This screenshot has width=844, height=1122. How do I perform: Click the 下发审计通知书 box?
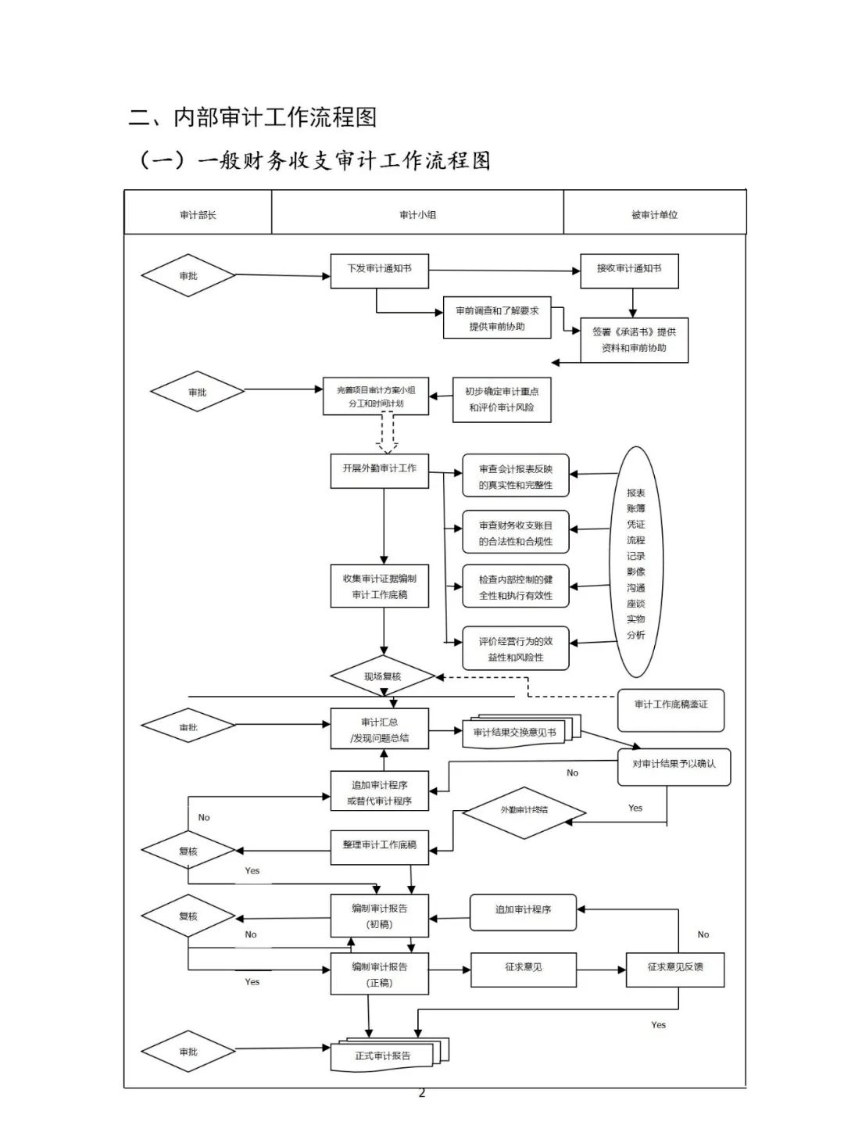(x=380, y=271)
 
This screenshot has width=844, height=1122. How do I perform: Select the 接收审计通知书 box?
(x=628, y=271)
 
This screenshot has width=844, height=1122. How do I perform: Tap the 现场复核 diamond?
(x=383, y=677)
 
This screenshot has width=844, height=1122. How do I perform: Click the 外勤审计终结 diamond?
(x=524, y=812)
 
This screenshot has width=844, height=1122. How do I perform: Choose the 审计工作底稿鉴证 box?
(x=671, y=707)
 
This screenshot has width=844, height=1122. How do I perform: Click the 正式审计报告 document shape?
(x=384, y=1056)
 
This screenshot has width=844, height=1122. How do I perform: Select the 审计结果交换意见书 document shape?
(x=516, y=733)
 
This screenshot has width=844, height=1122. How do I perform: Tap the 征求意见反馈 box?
(x=675, y=969)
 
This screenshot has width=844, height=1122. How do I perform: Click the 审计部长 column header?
(x=198, y=214)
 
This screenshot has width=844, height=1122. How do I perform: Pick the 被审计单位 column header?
(x=654, y=214)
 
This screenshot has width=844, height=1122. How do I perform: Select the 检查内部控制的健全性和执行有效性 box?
(x=516, y=587)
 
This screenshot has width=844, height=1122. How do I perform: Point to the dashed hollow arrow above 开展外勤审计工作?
(x=387, y=433)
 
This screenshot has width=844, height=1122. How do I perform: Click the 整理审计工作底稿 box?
(x=380, y=847)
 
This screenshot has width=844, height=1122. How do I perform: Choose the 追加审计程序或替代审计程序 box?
(x=380, y=791)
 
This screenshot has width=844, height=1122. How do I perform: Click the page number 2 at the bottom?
(x=422, y=1092)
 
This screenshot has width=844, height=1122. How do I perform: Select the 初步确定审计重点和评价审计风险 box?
(x=502, y=400)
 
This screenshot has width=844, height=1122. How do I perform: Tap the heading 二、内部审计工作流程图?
(x=252, y=117)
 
